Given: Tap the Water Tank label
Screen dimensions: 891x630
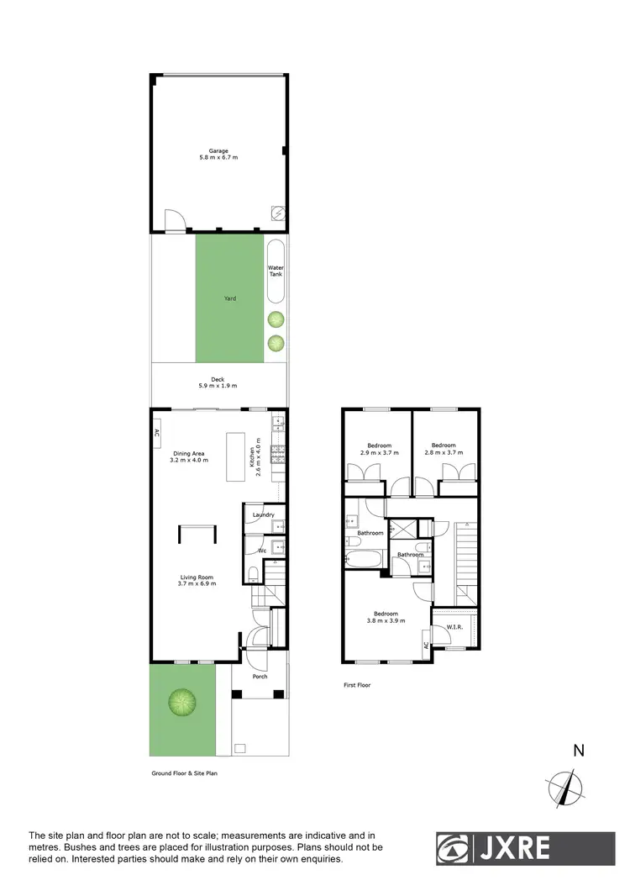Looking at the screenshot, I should click(x=276, y=272).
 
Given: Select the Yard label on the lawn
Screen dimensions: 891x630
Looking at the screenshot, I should click(x=229, y=298).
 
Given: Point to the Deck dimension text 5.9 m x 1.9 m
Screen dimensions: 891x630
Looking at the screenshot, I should click(x=218, y=386).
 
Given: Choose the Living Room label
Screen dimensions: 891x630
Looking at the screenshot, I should click(x=197, y=580).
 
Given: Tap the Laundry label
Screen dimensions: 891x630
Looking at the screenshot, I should click(x=263, y=514).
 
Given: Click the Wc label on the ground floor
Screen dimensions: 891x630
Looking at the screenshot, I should click(x=263, y=551).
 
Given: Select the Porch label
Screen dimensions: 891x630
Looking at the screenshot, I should click(x=261, y=676).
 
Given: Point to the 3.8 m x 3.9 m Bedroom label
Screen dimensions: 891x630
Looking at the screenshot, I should click(x=386, y=617).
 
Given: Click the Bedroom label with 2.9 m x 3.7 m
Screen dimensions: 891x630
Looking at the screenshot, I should click(x=378, y=449).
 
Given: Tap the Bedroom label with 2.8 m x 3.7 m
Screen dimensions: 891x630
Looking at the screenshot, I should click(x=444, y=449).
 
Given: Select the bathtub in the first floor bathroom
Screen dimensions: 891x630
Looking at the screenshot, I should click(x=365, y=558).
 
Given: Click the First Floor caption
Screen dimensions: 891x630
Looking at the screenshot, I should click(x=357, y=685).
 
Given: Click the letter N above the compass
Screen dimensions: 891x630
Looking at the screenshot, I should click(x=578, y=751).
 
